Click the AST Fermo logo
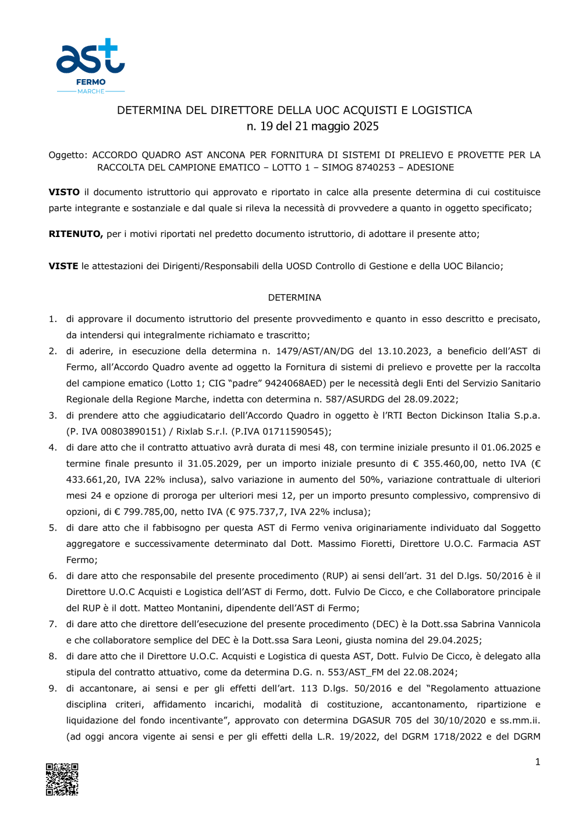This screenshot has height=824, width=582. coord(90,66)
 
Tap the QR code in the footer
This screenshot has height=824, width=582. coord(62,779)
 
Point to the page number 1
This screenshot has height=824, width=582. coord(537,762)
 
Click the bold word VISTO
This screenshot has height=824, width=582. coord(64,192)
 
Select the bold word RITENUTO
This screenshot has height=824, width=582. coord(76,234)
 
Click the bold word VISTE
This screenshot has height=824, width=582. coord(63,266)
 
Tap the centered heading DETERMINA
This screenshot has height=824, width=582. coord(294,298)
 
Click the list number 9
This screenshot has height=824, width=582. coord(52,688)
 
